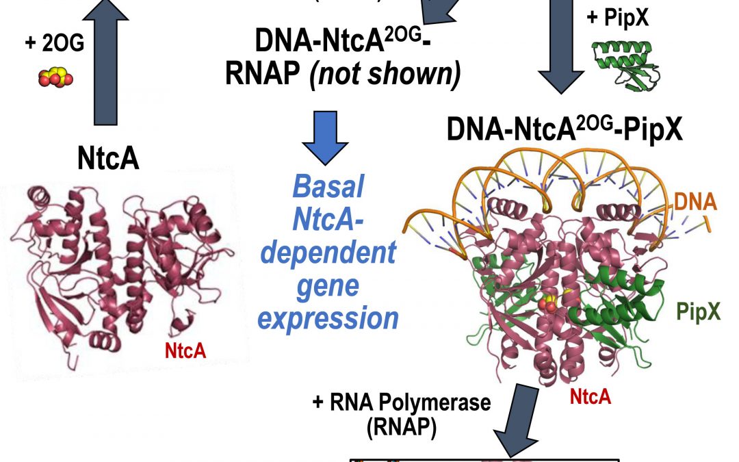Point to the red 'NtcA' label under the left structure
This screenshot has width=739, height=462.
pyautogui.click(x=185, y=350)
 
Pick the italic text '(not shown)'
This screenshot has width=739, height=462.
pyautogui.click(x=411, y=75)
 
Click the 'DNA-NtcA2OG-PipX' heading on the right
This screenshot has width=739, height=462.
pyautogui.click(x=565, y=130)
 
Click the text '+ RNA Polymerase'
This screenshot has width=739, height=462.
pyautogui.click(x=402, y=402)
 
